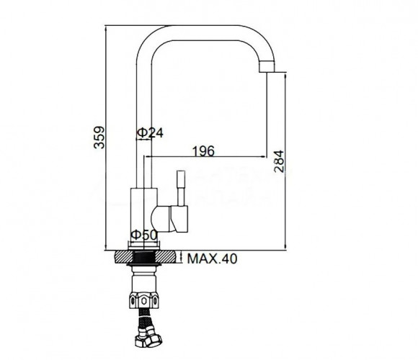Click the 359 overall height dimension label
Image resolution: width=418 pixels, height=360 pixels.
click(99, 138)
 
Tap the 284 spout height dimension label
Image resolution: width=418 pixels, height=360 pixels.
click(279, 161)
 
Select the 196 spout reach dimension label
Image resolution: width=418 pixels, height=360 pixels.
click(203, 151)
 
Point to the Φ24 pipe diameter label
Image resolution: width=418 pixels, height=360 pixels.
click(150, 132)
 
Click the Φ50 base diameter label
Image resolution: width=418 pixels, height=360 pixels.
click(144, 235)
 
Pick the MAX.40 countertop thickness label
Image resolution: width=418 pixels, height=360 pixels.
click(212, 258)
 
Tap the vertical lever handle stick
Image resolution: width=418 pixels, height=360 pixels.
click(182, 188)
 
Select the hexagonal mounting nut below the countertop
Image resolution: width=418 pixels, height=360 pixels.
click(143, 300)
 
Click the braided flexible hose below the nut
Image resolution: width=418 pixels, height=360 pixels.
click(143, 318)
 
